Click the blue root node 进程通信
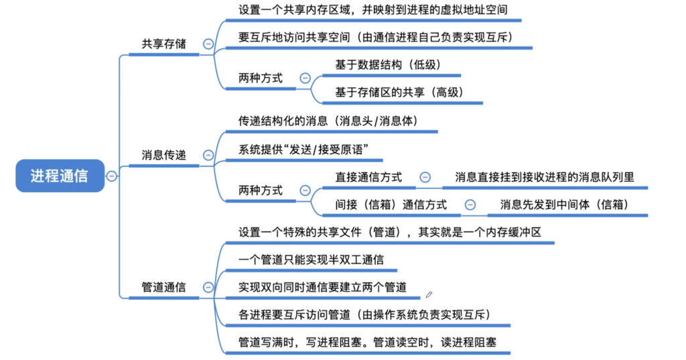(x=60, y=176)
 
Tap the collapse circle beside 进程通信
(x=112, y=176)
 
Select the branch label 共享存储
(x=163, y=44)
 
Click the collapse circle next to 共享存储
(x=208, y=44)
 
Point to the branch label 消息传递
(x=163, y=155)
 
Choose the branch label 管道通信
(x=163, y=288)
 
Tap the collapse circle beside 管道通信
(x=208, y=288)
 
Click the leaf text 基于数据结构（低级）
(x=388, y=65)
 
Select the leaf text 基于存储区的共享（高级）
(x=399, y=93)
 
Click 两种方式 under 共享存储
(x=261, y=78)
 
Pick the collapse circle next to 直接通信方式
(x=425, y=177)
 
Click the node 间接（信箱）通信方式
(x=391, y=204)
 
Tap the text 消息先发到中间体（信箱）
(x=564, y=204)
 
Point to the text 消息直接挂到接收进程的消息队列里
(x=545, y=177)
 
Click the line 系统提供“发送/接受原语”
(x=303, y=149)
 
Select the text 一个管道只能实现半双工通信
(x=311, y=259)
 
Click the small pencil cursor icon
(x=429, y=295)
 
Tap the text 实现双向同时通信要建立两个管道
(x=322, y=288)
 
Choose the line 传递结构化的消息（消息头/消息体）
(x=328, y=121)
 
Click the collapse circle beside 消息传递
(x=208, y=155)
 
